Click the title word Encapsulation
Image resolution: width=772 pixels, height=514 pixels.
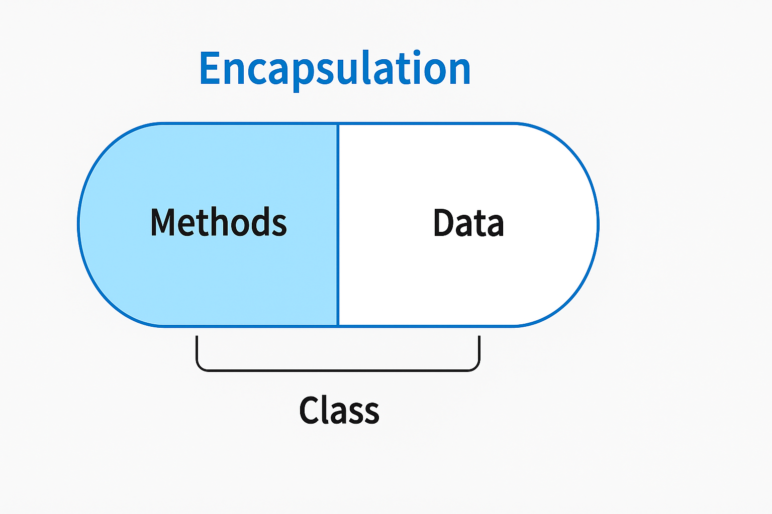click(335, 69)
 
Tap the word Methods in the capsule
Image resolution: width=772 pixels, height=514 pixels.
click(219, 222)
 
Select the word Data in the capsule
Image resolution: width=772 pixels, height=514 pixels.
click(468, 223)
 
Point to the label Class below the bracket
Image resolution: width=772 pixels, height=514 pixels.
click(339, 410)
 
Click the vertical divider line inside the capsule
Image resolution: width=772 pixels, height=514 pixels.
click(338, 224)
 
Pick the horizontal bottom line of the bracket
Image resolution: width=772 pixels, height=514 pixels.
click(338, 370)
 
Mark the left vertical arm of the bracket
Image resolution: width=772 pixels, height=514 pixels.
click(197, 351)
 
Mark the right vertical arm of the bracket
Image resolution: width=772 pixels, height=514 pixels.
click(479, 351)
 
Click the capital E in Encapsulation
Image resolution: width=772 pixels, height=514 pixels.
click(211, 69)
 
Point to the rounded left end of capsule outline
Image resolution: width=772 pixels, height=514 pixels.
click(79, 224)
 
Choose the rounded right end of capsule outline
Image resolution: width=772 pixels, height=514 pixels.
click(598, 224)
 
